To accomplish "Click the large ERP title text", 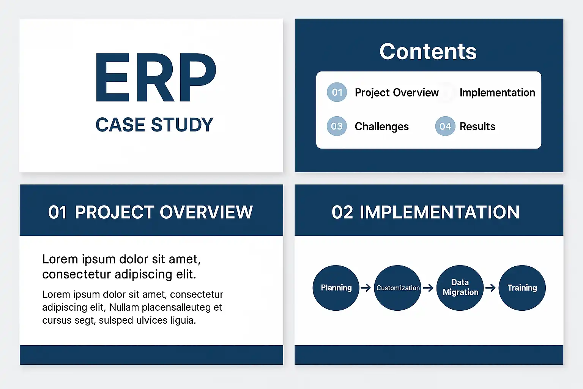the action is point(156,77).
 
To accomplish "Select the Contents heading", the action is point(428,52).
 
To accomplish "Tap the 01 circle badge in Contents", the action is point(337,92).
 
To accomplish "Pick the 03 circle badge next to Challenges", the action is point(337,126).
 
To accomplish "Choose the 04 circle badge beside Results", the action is point(445,126).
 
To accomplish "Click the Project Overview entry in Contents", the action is point(397,93).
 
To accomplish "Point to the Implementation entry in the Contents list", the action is point(497,92).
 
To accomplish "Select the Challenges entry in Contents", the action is point(381,127).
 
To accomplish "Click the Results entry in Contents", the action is point(477,127).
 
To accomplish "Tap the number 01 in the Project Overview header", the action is point(57,212).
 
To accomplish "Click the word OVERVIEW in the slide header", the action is point(206,212).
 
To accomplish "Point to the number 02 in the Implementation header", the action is point(342,212).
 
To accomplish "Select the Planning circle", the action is point(336,288).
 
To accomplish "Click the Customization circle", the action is point(398,288).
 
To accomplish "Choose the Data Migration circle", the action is point(460,288).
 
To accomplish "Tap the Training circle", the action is point(522,288).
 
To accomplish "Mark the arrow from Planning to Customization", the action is point(366,288).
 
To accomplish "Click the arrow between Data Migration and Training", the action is point(491,288).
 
